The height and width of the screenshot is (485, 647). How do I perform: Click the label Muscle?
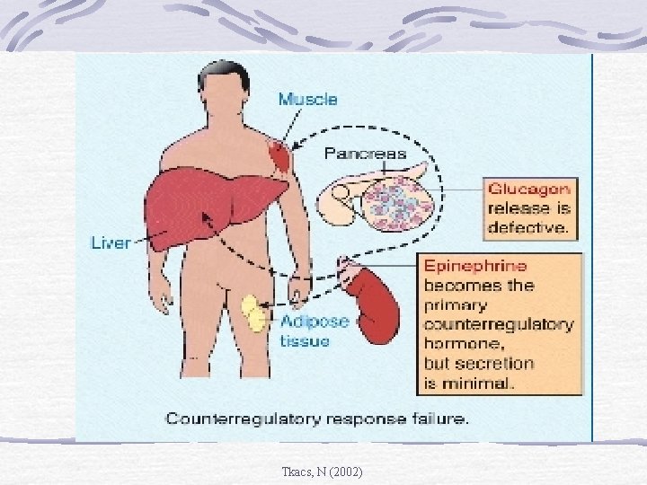[x=307, y=100]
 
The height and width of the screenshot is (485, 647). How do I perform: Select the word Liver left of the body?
[x=111, y=242]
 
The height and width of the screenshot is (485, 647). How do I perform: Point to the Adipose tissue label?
[x=314, y=330]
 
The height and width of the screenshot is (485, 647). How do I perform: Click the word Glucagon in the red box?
[x=528, y=189]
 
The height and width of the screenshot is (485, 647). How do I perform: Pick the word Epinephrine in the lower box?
[x=475, y=266]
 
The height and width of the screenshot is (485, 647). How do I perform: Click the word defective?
[x=527, y=228]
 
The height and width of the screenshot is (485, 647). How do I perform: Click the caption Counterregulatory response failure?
[x=317, y=419]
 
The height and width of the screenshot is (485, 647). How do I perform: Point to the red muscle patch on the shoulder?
[x=281, y=158]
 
